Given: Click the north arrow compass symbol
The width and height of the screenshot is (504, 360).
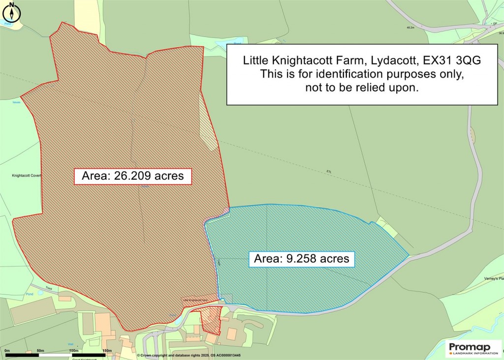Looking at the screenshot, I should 12,12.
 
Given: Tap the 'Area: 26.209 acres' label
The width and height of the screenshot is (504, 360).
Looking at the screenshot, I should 132,176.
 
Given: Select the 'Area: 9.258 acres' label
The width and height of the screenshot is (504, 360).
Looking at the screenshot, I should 301,258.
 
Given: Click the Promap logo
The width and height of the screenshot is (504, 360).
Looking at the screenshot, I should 473,346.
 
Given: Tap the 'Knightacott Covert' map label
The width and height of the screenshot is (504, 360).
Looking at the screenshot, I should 26,175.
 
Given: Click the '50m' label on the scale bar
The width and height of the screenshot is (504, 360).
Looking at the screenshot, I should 40,351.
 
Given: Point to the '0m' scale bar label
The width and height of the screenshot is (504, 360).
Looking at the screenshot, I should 7,351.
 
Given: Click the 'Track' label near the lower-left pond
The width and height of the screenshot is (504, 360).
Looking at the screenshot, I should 49,288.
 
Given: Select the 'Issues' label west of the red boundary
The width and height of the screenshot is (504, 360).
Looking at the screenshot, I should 17,102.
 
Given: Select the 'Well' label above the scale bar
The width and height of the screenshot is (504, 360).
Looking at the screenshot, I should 71,345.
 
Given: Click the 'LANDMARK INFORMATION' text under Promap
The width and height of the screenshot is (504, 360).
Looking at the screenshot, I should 475,353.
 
